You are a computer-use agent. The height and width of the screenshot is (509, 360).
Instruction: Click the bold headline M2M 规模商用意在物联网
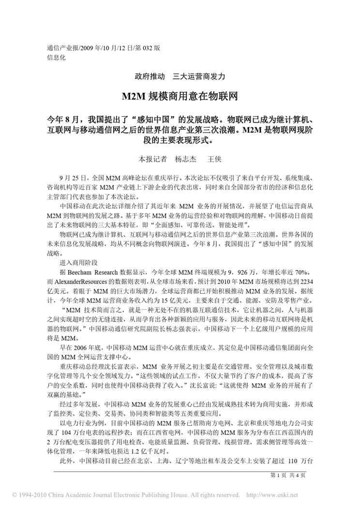180,97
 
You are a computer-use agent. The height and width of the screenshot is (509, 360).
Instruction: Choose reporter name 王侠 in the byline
214,159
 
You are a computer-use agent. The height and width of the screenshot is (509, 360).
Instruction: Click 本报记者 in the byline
153,159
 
